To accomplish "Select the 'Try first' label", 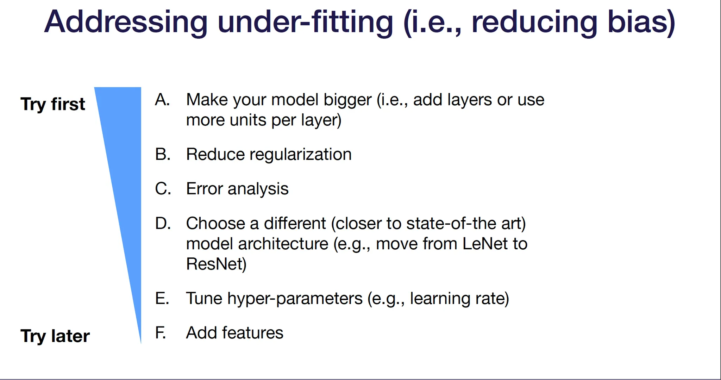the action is (x=53, y=104).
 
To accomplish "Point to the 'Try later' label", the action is (x=55, y=336).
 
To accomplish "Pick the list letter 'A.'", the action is (x=163, y=100).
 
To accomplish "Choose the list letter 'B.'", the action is (x=163, y=154).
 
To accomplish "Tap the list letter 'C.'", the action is (x=163, y=189).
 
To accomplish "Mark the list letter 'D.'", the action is (x=163, y=223).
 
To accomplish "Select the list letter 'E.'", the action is (x=162, y=298).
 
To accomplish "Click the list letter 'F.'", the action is (x=161, y=333).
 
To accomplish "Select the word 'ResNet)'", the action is (x=216, y=264).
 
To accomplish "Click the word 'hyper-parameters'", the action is (x=295, y=299).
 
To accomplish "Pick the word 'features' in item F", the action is (x=252, y=333).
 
